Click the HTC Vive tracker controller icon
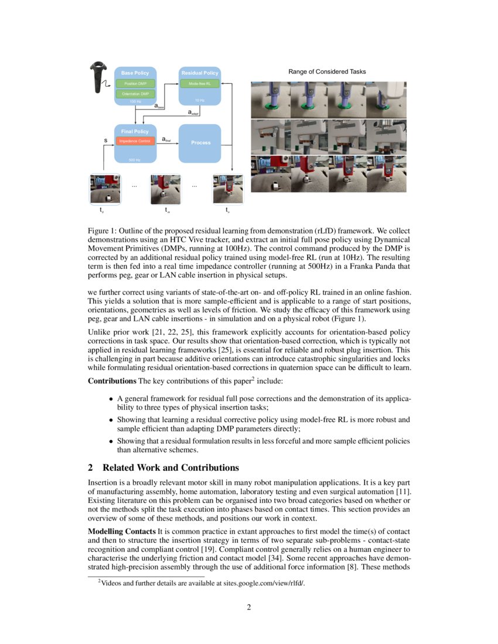(95, 77)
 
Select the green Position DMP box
(135, 84)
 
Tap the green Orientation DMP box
(135, 94)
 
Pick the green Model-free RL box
(200, 84)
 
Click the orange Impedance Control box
(135, 141)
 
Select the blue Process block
(200, 142)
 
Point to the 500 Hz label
(135, 159)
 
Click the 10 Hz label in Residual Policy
(200, 101)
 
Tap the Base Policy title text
(135, 73)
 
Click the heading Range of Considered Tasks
(327, 71)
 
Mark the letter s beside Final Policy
(105, 141)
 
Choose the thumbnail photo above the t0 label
(105, 189)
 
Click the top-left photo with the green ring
(270, 100)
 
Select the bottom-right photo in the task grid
(386, 174)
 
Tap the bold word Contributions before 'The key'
(112, 382)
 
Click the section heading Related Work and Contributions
(170, 468)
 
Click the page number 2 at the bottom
(249, 607)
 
